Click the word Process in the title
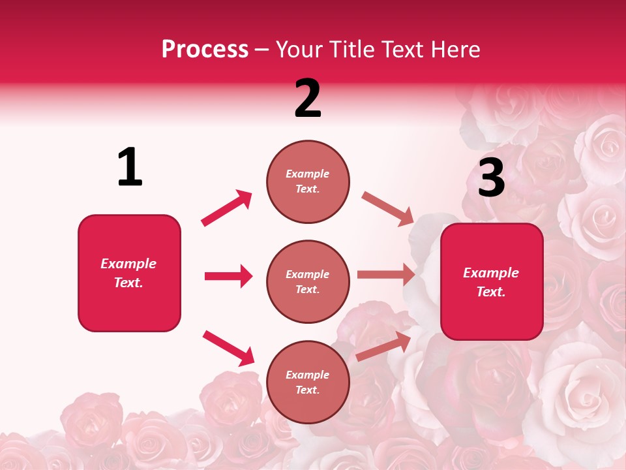tap(205, 50)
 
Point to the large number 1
tap(130, 168)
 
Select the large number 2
tap(308, 99)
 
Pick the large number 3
tap(491, 178)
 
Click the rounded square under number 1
tap(129, 273)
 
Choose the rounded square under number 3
tap(492, 281)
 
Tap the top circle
tap(308, 181)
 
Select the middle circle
tap(308, 281)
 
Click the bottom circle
tap(308, 382)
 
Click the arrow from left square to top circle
tap(226, 208)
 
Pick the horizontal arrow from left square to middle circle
tap(228, 276)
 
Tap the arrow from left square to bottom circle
tap(228, 347)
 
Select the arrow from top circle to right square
tap(387, 208)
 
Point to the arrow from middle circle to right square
tap(386, 275)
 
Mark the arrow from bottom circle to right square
tap(383, 345)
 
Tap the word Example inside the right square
tap(491, 273)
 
